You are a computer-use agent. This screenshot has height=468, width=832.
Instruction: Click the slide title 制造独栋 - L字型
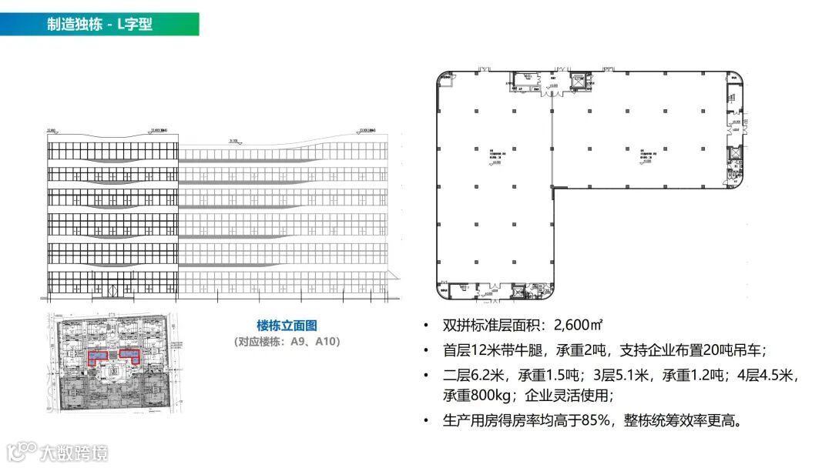(99, 24)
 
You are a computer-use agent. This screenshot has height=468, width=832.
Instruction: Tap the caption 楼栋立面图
(287, 326)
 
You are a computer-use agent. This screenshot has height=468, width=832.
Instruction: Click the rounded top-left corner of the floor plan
(443, 77)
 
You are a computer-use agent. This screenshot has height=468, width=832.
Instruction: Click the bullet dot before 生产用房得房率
(427, 422)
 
